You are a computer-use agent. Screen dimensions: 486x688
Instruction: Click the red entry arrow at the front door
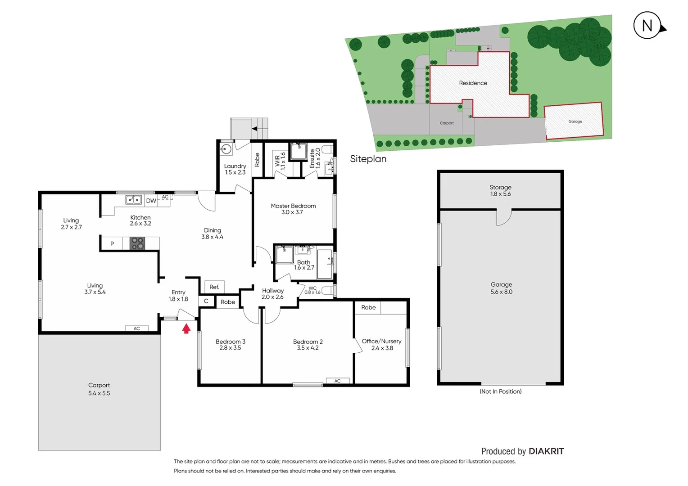click(x=186, y=329)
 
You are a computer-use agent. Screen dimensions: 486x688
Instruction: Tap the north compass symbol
click(x=647, y=26)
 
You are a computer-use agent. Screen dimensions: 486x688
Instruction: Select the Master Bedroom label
click(x=293, y=209)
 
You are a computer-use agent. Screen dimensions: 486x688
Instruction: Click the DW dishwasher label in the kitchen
click(x=151, y=201)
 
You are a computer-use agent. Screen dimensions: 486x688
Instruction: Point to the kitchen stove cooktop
click(x=137, y=243)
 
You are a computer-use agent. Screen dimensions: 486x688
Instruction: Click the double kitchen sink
click(x=133, y=199)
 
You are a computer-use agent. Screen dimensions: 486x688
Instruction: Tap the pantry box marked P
click(x=112, y=243)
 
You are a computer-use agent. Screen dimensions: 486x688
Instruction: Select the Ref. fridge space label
click(x=214, y=287)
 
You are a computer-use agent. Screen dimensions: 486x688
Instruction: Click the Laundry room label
click(x=235, y=169)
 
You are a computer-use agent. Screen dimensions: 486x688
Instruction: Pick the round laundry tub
click(x=226, y=149)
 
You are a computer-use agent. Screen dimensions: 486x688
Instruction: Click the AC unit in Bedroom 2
click(x=337, y=381)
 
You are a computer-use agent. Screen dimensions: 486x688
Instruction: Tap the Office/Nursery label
click(x=381, y=344)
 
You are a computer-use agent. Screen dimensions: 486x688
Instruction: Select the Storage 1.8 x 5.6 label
click(x=500, y=190)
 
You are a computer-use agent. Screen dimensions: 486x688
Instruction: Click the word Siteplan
click(x=368, y=159)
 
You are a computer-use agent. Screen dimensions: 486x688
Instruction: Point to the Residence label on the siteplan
click(x=473, y=83)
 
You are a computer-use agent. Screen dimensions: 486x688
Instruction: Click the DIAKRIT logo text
click(x=546, y=451)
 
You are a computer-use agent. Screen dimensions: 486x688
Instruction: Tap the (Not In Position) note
click(x=500, y=391)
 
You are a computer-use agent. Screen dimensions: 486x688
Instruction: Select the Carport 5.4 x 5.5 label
click(x=99, y=389)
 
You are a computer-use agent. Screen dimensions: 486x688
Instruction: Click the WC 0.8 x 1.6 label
click(x=312, y=290)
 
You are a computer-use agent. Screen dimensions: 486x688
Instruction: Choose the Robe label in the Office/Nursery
click(x=368, y=307)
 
